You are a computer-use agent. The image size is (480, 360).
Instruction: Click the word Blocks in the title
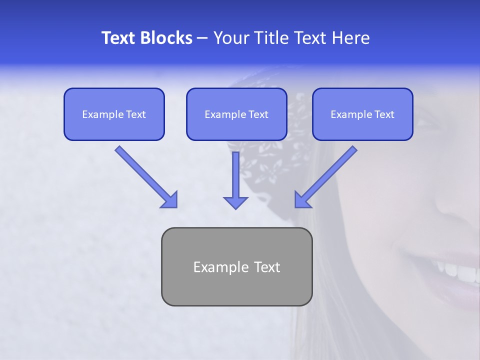click(167, 38)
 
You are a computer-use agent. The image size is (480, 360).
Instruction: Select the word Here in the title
click(349, 38)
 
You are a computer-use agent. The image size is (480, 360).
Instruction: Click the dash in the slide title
click(202, 38)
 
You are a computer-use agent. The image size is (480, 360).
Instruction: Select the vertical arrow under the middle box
click(235, 175)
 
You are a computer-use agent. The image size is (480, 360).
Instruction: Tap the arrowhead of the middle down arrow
click(235, 202)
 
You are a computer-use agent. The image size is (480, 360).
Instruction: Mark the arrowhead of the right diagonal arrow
click(301, 200)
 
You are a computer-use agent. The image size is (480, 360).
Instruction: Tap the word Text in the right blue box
click(384, 114)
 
